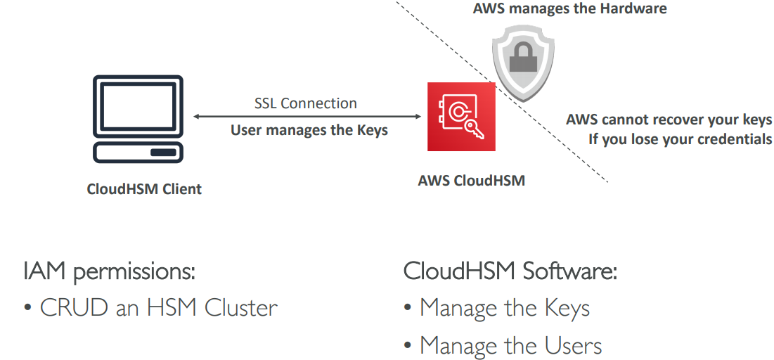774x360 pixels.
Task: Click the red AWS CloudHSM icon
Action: point(461,117)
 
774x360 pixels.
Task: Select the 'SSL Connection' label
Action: point(306,103)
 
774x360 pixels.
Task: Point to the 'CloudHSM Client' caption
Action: point(144,189)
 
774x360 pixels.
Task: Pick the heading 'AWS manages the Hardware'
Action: point(569,8)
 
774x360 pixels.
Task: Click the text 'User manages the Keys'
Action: point(309,130)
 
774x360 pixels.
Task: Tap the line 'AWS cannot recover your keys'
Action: point(669,120)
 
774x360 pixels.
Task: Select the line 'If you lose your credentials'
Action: point(680,139)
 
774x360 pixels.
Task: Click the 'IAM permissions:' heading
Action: point(109,272)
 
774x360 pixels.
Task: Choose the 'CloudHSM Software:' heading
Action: point(510,272)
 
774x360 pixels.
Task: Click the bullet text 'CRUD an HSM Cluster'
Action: point(159,308)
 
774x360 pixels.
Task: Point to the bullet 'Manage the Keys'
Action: point(504,308)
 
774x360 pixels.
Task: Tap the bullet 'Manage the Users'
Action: point(510,345)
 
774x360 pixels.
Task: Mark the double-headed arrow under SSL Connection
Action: point(306,116)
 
